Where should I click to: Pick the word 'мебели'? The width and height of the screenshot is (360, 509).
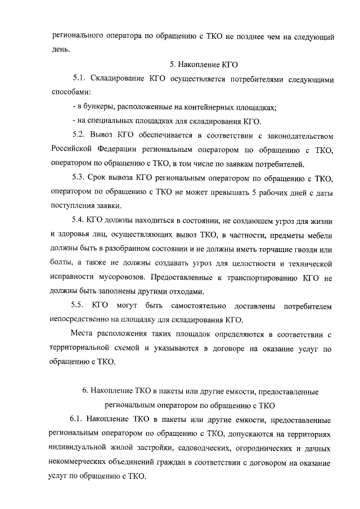point(321,233)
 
